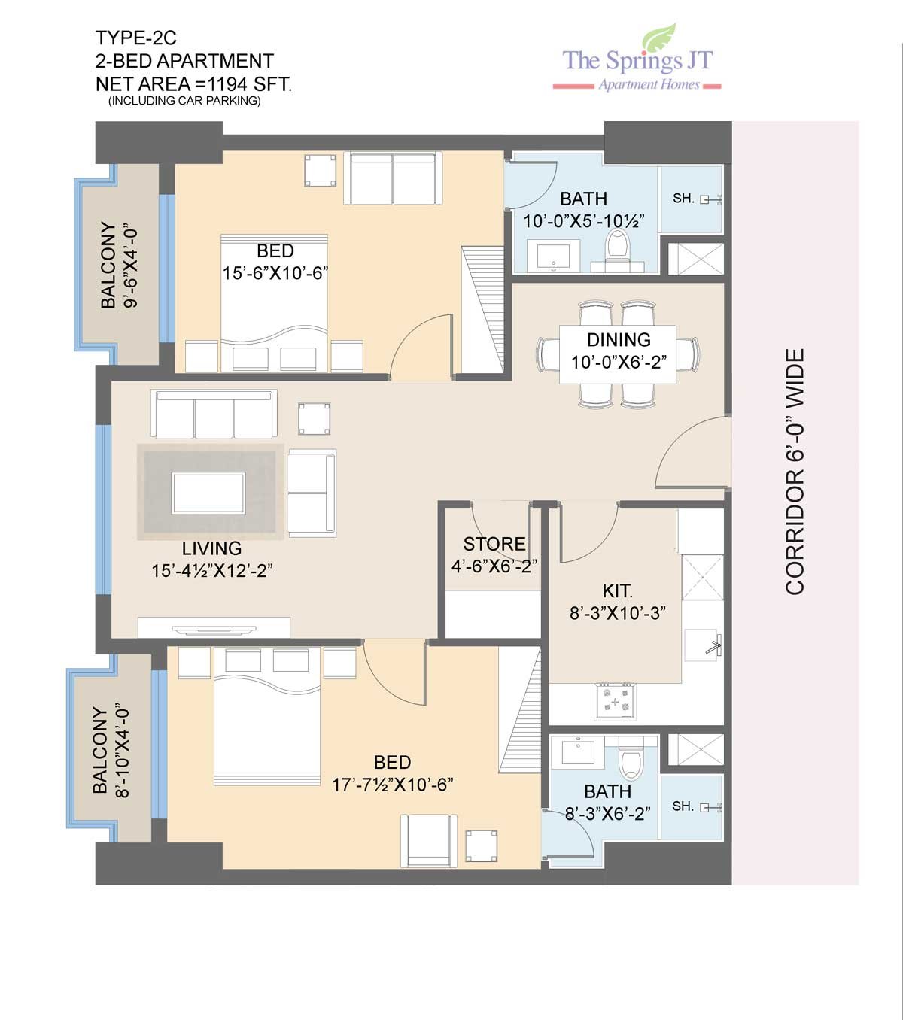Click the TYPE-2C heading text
click(136, 38)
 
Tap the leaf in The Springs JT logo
click(660, 38)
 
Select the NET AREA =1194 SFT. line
click(194, 83)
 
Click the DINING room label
click(619, 340)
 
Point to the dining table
click(618, 354)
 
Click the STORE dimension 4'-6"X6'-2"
click(494, 566)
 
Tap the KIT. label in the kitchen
click(618, 590)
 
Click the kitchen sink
click(702, 645)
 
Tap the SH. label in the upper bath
click(683, 199)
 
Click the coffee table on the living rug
click(208, 493)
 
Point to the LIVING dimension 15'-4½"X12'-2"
click(212, 570)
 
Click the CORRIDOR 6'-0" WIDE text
click(794, 472)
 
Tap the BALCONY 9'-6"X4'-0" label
click(118, 265)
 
